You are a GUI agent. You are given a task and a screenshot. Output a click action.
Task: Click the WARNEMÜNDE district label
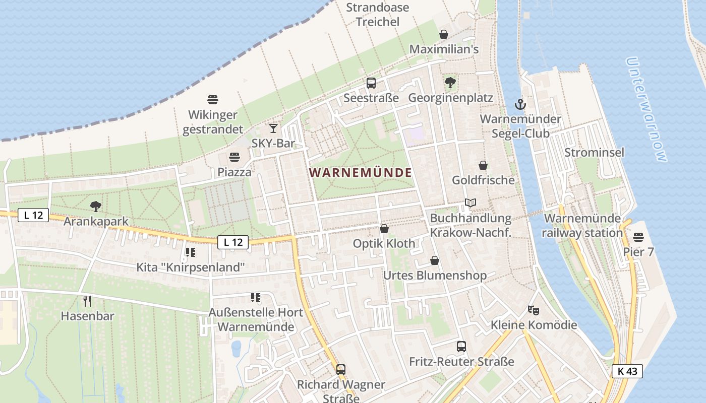[361, 173]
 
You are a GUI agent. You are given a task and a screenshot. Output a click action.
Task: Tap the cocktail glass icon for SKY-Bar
[273, 128]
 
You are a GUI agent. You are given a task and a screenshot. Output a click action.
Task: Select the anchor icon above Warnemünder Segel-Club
[520, 104]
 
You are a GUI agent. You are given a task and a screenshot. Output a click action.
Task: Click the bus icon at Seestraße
[371, 83]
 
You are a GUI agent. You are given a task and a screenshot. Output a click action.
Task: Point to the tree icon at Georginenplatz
[450, 83]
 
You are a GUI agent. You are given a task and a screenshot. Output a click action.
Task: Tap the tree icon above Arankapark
[95, 206]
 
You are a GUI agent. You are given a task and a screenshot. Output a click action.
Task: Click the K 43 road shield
[627, 371]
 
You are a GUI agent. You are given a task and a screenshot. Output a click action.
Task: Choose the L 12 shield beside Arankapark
[33, 215]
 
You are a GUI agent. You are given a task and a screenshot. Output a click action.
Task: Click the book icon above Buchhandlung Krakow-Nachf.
[470, 203]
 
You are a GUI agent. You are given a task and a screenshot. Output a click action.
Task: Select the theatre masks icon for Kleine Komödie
[534, 310]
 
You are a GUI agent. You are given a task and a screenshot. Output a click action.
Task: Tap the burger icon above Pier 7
[638, 237]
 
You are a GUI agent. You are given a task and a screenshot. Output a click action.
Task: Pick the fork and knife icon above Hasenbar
[87, 301]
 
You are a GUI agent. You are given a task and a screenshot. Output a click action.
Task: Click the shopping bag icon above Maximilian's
[444, 34]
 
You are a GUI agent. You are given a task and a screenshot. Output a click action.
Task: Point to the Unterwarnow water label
[646, 109]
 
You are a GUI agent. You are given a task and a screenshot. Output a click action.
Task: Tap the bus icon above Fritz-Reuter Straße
[461, 347]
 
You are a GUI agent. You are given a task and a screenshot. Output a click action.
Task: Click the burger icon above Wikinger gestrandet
[212, 100]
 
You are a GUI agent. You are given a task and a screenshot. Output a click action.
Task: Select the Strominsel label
[594, 152]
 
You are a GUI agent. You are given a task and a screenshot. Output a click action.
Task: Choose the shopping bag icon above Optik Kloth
[384, 229]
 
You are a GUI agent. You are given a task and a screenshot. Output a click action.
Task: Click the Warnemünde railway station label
[582, 226]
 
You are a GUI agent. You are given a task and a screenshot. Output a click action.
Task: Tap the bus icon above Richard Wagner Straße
[341, 370]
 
